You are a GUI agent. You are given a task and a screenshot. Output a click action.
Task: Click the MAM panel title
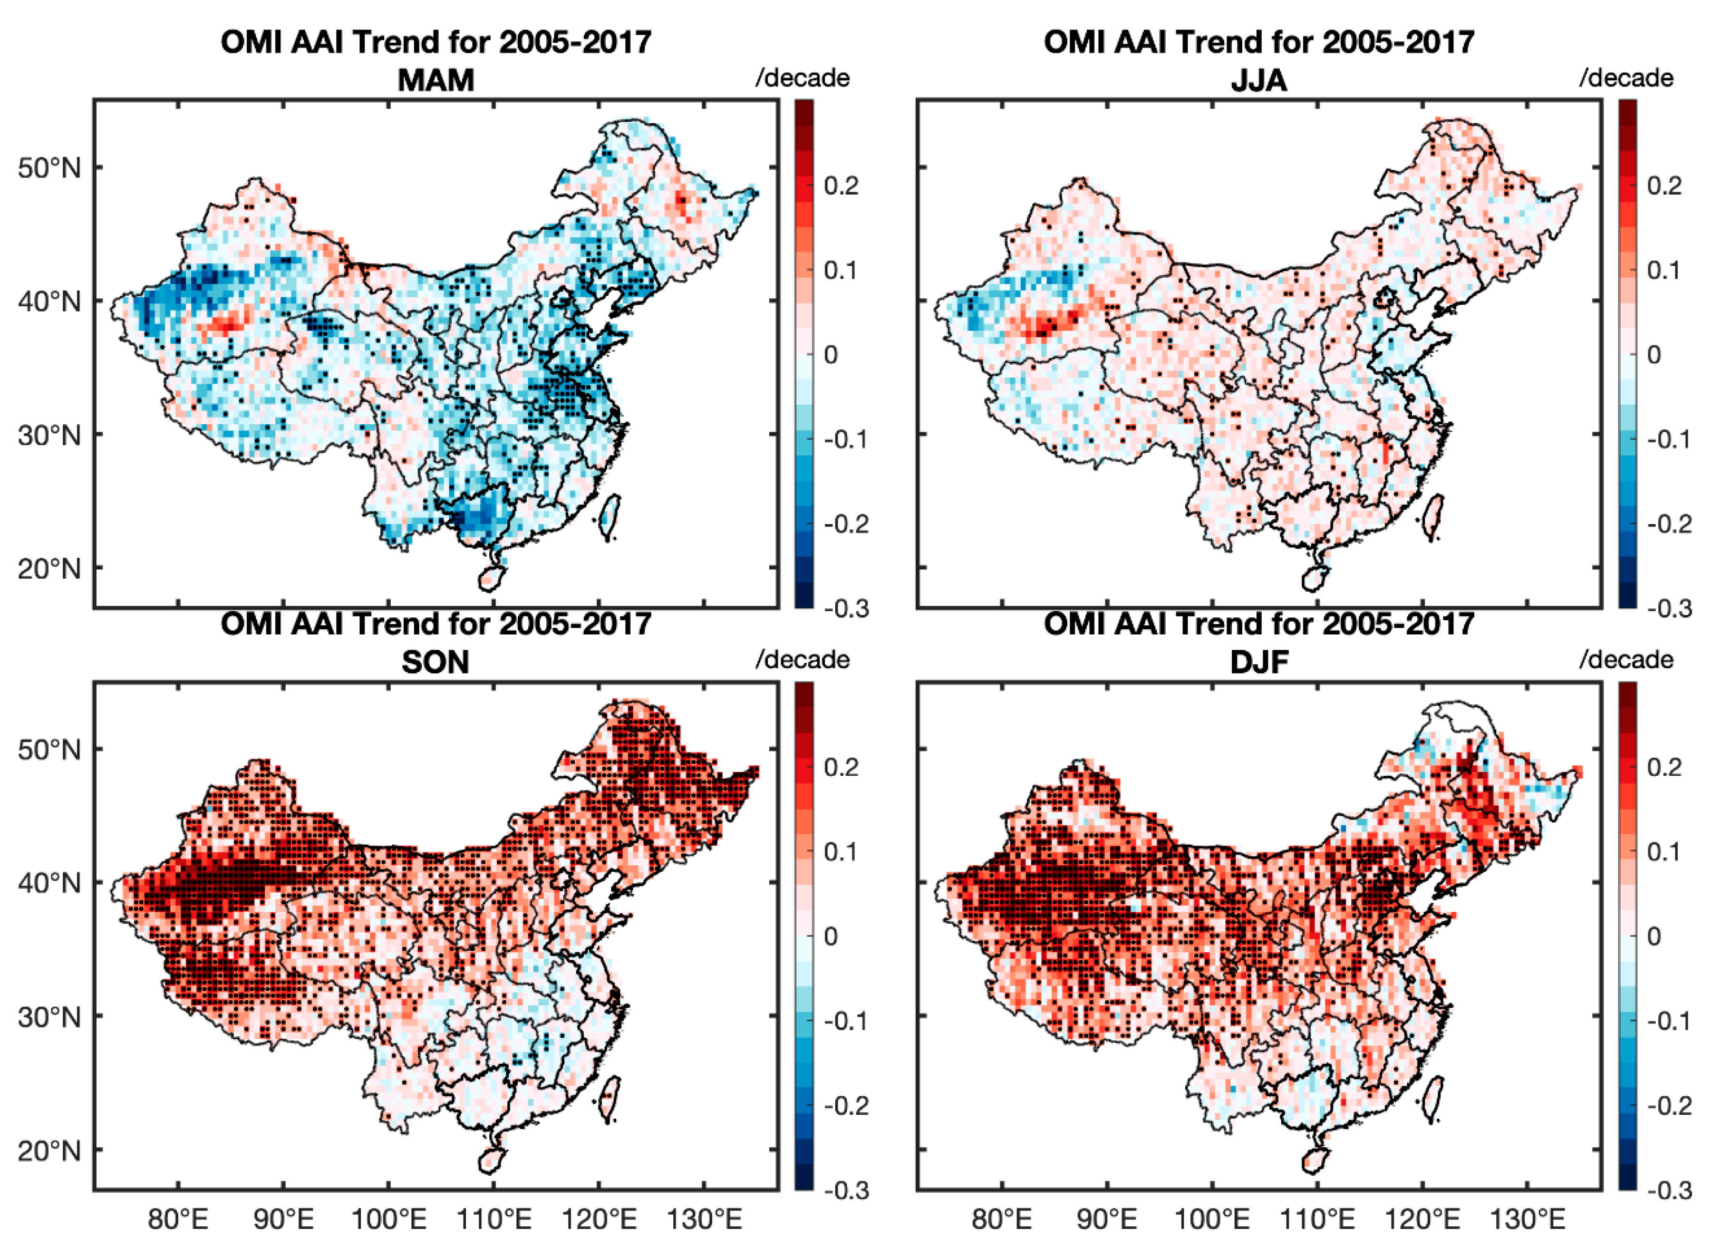(436, 80)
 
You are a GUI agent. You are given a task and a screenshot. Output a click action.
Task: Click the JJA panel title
(1259, 80)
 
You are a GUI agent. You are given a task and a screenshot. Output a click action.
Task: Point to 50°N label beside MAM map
(49, 168)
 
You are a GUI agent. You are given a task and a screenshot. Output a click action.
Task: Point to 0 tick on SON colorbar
(831, 937)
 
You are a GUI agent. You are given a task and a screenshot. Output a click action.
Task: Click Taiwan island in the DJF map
(1432, 1099)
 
